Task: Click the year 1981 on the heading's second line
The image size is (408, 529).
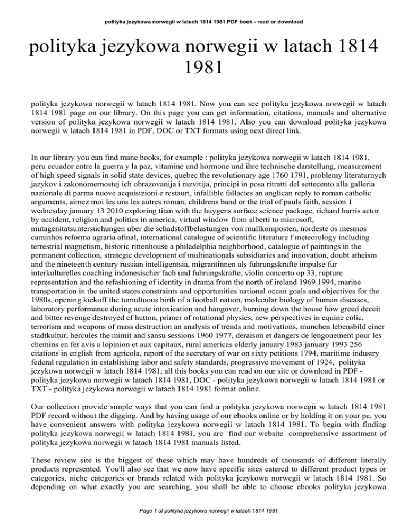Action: (x=203, y=69)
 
